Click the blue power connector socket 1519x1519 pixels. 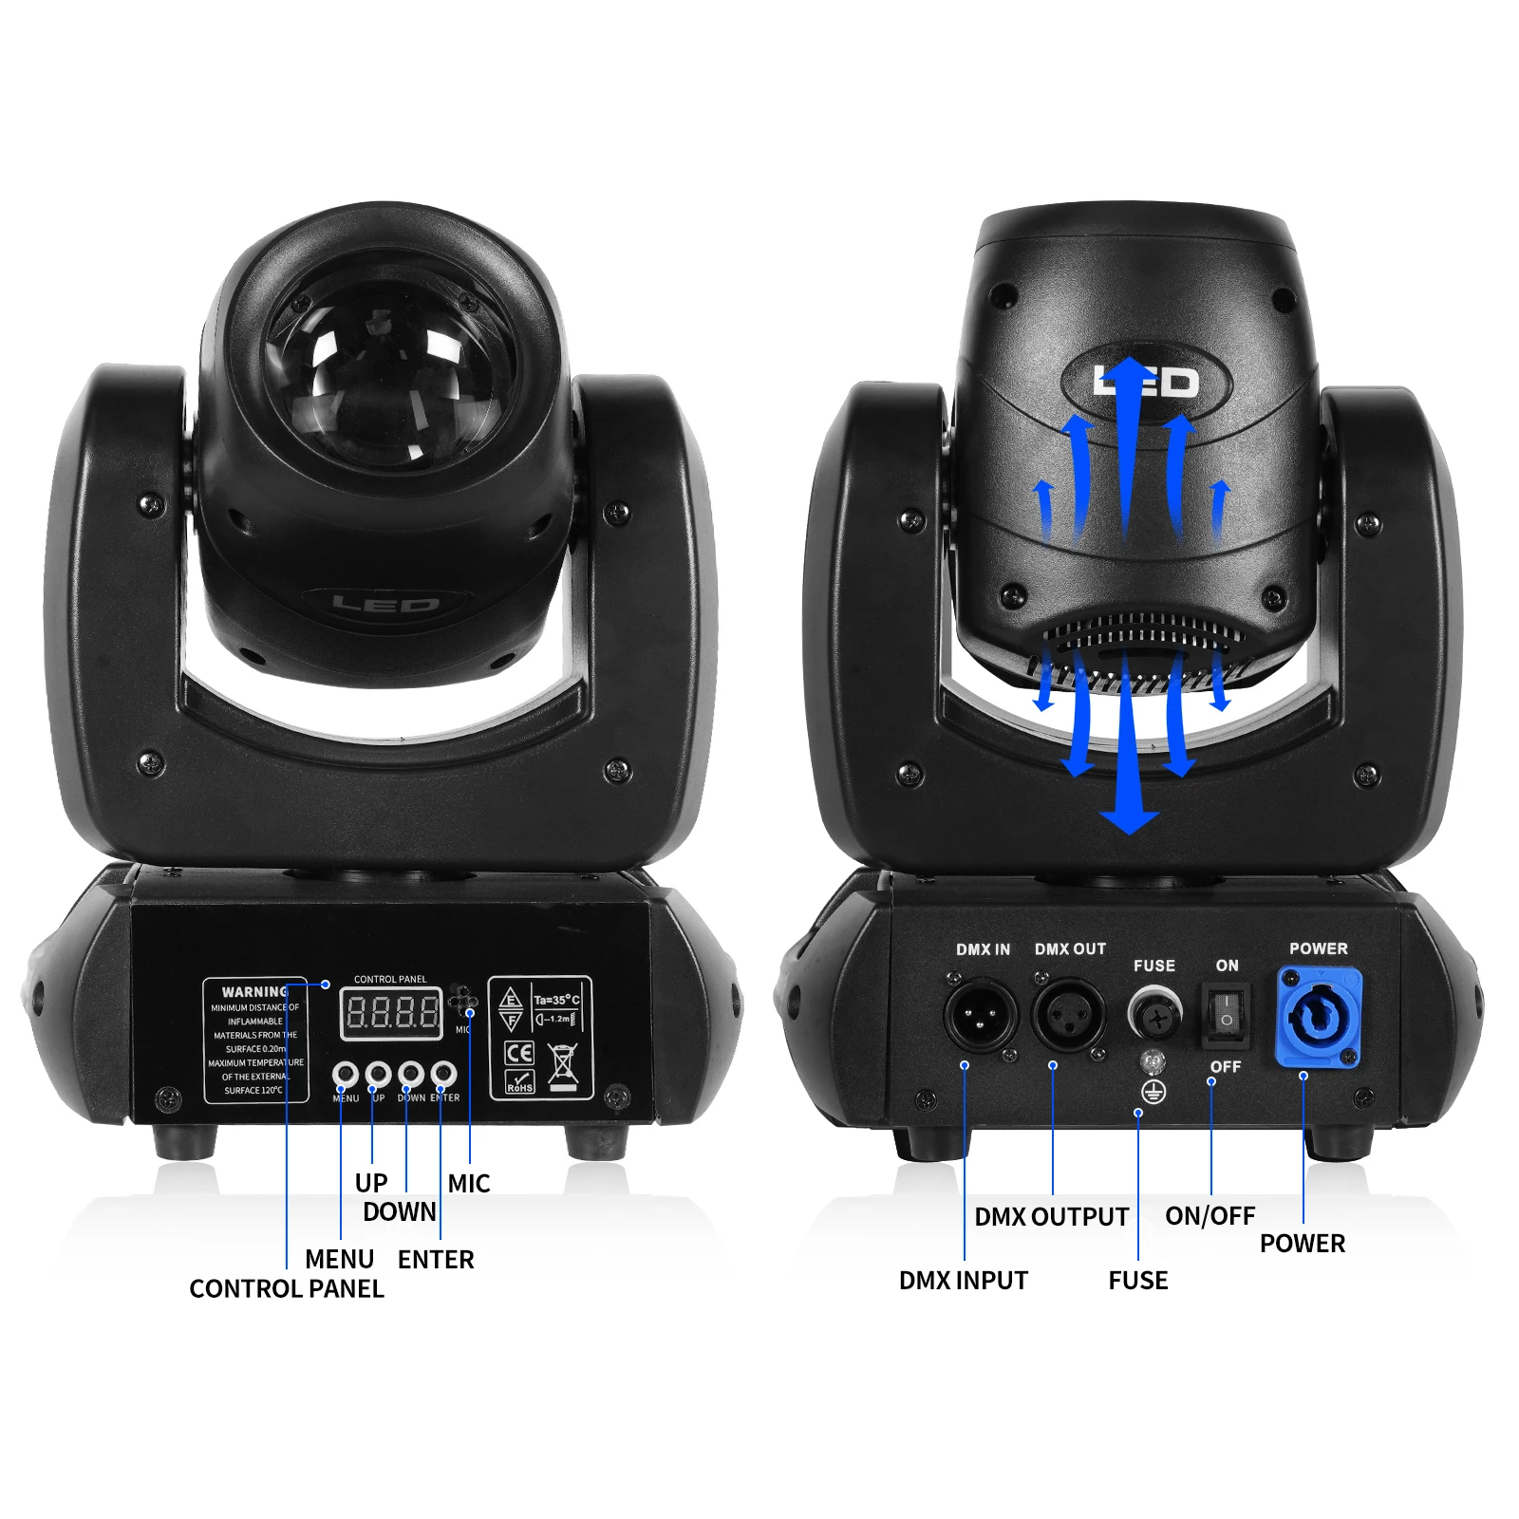point(1319,1017)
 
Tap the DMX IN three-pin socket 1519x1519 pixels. point(979,1014)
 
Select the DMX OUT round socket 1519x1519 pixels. point(1069,1014)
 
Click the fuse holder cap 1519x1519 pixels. point(1154,1015)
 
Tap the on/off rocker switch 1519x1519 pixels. point(1227,1014)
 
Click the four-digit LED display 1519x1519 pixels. point(391,1013)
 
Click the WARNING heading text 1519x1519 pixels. point(254,991)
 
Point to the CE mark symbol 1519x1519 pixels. point(519,1052)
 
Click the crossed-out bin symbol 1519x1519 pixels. point(563,1065)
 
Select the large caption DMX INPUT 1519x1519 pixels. point(963,1281)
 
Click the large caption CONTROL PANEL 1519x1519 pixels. point(287,1289)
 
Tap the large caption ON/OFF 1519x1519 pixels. point(1210,1216)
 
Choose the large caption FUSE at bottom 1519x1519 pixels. point(1137,1281)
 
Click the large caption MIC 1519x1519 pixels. point(469,1184)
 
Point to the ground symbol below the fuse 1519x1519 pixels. point(1153,1092)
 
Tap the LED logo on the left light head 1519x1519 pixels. point(385,604)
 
